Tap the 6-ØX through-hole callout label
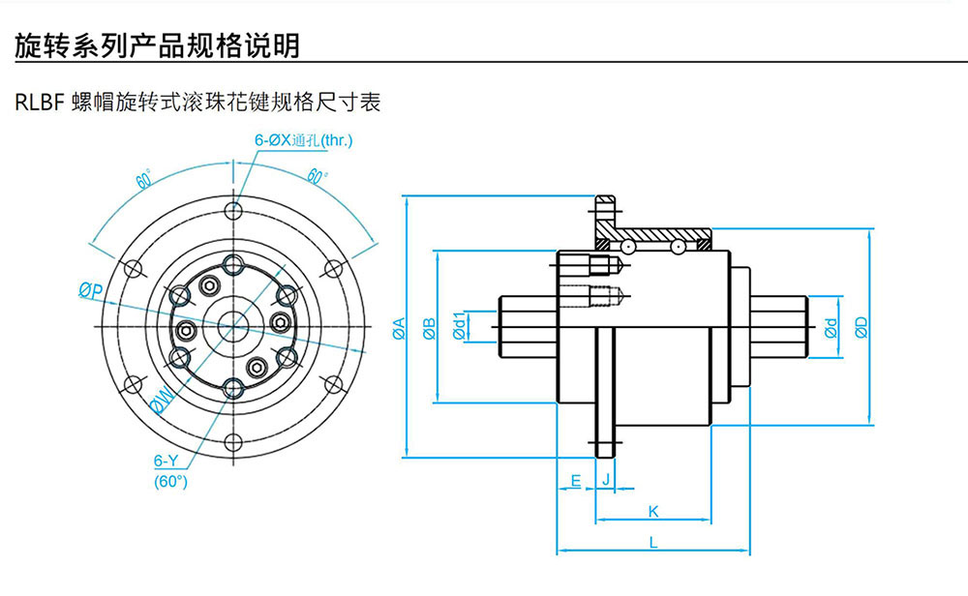pos(304,141)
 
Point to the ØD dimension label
pos(862,328)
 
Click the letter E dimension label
pos(575,480)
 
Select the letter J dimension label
pos(606,480)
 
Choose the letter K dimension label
pos(652,511)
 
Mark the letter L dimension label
pos(653,544)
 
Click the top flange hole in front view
pos(232,210)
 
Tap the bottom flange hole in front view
pos(232,444)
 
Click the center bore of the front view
pos(232,327)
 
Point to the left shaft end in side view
pos(528,327)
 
